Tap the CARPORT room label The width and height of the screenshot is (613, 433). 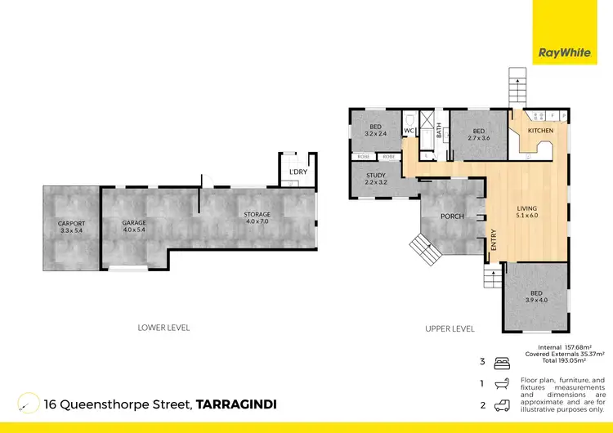[71, 223]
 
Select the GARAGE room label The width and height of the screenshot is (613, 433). [133, 223]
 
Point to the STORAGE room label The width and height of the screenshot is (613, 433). [257, 215]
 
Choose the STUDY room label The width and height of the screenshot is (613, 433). [375, 175]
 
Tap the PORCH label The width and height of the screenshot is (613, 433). [452, 216]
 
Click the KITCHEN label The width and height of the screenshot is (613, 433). [540, 131]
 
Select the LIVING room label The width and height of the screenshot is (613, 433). [526, 209]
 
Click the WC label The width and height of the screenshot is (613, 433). [409, 130]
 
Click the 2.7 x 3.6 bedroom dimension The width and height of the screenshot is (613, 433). [478, 138]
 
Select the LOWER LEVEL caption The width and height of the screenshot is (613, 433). [163, 328]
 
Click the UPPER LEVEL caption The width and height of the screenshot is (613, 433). [450, 328]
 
